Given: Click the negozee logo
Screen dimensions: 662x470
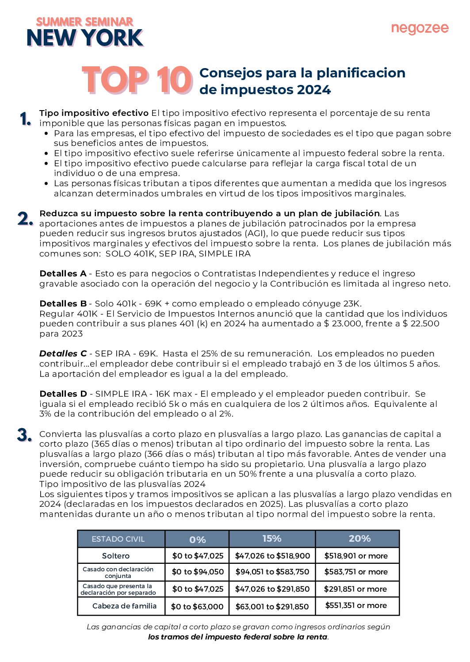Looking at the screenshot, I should click(x=420, y=29).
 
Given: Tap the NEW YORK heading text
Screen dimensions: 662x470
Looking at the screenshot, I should click(x=85, y=38).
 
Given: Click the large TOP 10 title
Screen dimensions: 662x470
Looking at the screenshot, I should click(x=137, y=80).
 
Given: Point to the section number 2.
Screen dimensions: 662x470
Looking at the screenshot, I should click(x=25, y=218).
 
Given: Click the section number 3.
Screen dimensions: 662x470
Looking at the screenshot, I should click(x=25, y=435).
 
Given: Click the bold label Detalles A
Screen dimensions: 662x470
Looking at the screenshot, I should click(x=63, y=274).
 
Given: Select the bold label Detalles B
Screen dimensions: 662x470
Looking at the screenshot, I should click(x=63, y=304).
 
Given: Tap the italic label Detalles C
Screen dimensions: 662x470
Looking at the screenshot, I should click(x=63, y=354).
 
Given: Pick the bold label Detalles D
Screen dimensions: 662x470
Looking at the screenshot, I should click(x=63, y=394).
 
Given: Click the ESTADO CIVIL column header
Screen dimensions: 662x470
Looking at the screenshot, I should click(x=118, y=539).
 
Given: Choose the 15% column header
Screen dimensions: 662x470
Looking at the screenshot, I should click(x=272, y=539).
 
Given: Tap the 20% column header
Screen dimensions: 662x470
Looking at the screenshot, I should click(x=359, y=539).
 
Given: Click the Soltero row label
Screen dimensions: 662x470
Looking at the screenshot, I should click(x=116, y=556).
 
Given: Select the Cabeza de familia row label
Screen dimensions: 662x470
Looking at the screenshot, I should click(x=124, y=606).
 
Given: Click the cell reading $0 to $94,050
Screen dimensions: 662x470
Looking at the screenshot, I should click(x=198, y=572).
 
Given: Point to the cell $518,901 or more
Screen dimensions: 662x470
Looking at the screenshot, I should click(x=356, y=556).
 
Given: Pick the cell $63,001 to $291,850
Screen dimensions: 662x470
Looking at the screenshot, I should click(x=272, y=606).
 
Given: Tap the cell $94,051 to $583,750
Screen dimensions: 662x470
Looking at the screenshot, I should click(x=272, y=572).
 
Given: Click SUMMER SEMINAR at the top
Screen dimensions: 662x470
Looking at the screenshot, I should click(x=84, y=22).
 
